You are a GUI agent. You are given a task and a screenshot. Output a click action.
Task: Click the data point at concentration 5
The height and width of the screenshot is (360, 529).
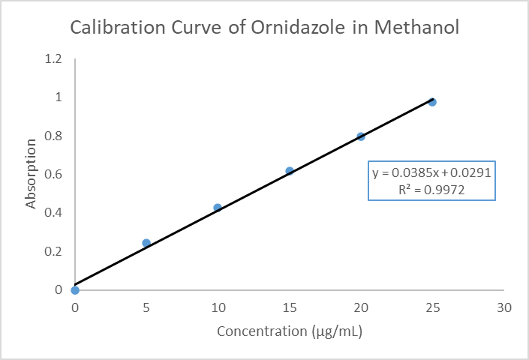[146, 243]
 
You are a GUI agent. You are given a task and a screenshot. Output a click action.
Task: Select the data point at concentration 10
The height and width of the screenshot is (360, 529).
[218, 208]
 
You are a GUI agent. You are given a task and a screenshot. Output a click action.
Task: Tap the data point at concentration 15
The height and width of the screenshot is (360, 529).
[290, 171]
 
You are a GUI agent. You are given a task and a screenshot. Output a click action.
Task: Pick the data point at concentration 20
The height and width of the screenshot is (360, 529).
[361, 136]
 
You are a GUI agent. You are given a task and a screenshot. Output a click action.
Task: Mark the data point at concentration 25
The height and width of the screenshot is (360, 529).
[432, 102]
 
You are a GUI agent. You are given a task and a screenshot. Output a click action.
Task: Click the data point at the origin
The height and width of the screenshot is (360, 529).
[75, 290]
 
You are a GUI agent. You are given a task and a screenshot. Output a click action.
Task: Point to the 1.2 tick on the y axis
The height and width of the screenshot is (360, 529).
[53, 59]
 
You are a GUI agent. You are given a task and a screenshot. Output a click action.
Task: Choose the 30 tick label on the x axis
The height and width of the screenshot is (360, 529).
[504, 307]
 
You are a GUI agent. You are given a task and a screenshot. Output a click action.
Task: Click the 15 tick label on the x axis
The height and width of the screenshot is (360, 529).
[290, 307]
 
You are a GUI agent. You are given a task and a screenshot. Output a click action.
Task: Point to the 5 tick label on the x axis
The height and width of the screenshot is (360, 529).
[146, 307]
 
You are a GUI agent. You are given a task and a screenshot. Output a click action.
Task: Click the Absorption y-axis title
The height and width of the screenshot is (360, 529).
[32, 174]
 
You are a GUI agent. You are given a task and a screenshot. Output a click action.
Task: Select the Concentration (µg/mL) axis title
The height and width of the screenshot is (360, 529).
[290, 331]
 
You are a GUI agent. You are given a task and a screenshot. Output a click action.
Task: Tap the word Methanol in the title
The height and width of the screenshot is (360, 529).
[417, 28]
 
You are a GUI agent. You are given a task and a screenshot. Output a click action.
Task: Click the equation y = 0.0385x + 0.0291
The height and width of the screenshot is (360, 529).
[431, 173]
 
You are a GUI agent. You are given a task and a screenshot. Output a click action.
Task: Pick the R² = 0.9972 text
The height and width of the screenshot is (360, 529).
[431, 190]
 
